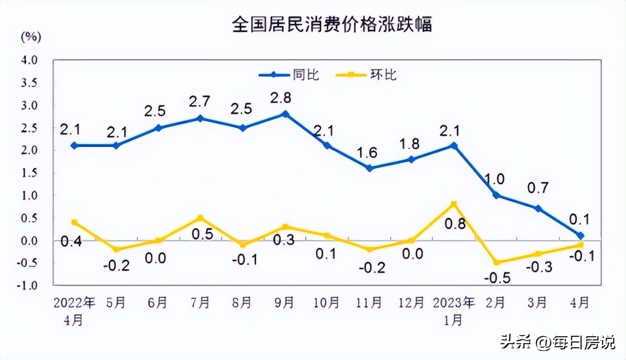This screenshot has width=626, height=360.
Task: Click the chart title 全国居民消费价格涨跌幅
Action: pyautogui.click(x=332, y=24)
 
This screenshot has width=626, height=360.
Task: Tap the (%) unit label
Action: pyautogui.click(x=31, y=37)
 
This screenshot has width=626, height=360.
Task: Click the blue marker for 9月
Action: pyautogui.click(x=285, y=114)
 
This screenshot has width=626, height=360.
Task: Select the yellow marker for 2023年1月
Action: pyautogui.click(x=453, y=204)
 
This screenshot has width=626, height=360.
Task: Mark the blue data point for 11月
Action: pyautogui.click(x=369, y=168)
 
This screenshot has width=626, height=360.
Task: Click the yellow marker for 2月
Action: pyautogui.click(x=495, y=262)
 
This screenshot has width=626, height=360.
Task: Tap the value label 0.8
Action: pyautogui.click(x=455, y=224)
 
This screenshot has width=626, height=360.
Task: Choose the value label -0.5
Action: pyautogui.click(x=496, y=278)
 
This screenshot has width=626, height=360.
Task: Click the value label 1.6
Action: pyautogui.click(x=367, y=152)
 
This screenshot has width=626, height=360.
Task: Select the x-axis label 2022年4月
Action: pyautogui.click(x=74, y=311)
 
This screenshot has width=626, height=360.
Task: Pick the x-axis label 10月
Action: pyautogui.click(x=326, y=302)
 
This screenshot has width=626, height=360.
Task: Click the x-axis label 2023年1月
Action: pyautogui.click(x=453, y=311)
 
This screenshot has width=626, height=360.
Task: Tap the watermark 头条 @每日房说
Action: pyautogui.click(x=557, y=342)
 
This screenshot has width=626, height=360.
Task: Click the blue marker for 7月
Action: pyautogui.click(x=200, y=119)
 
